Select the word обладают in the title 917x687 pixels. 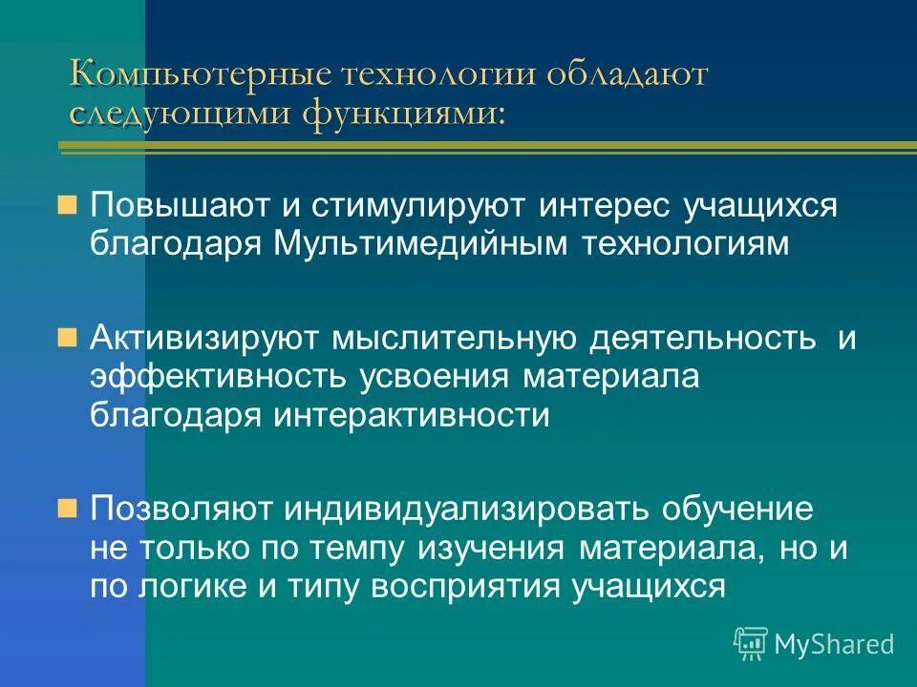tap(627, 75)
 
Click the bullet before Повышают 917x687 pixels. tap(66, 205)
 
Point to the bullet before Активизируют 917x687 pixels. tap(66, 338)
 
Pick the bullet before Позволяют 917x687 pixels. tap(66, 508)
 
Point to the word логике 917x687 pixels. tap(191, 586)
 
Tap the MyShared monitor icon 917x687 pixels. tap(751, 642)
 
